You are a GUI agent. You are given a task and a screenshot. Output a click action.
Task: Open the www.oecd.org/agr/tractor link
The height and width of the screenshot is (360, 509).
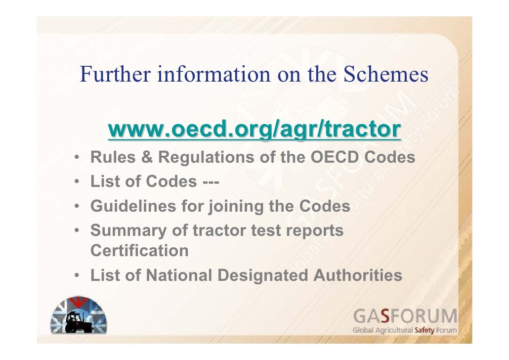[254, 130]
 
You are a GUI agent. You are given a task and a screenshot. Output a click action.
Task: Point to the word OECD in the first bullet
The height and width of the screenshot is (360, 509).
[336, 158]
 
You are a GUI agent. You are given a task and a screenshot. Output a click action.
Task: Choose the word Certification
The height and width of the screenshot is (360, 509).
[139, 251]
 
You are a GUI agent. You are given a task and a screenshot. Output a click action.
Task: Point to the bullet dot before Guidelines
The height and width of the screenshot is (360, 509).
[79, 206]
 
